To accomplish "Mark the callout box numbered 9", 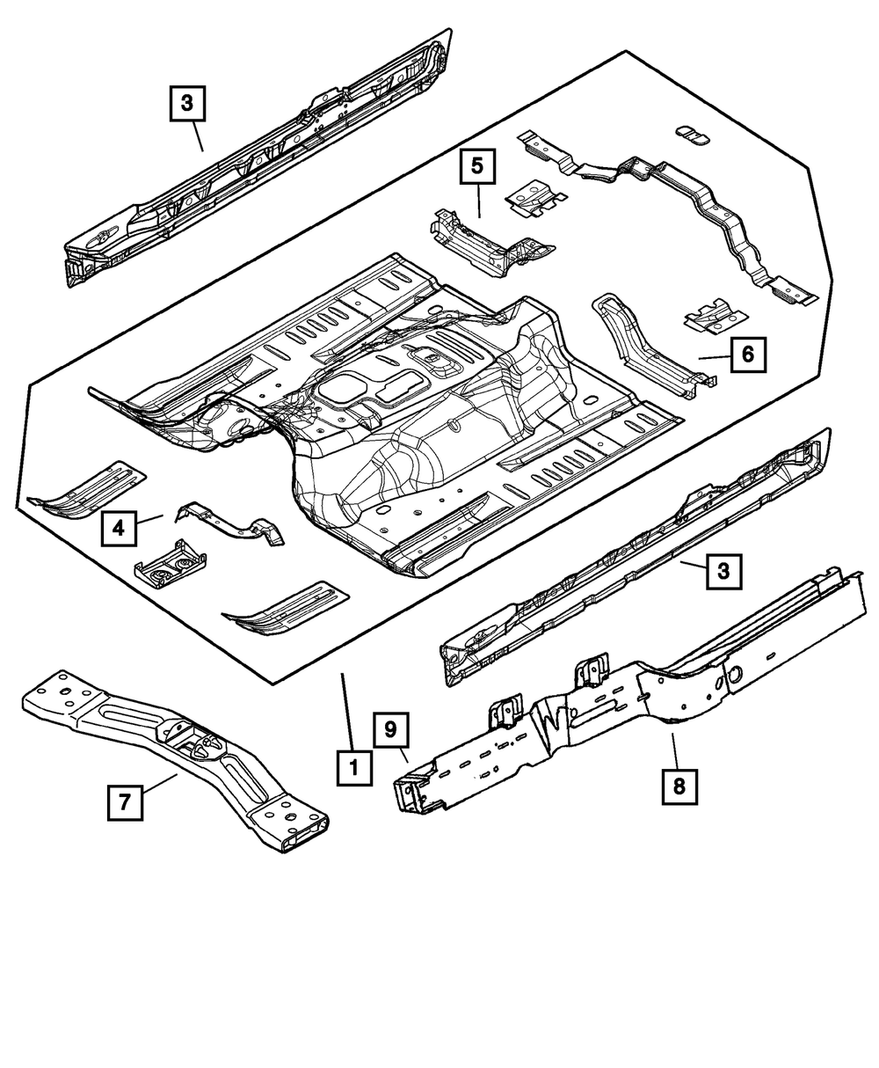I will tap(390, 731).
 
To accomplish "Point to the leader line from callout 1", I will tap(348, 713).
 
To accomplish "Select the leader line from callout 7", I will tap(159, 785).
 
